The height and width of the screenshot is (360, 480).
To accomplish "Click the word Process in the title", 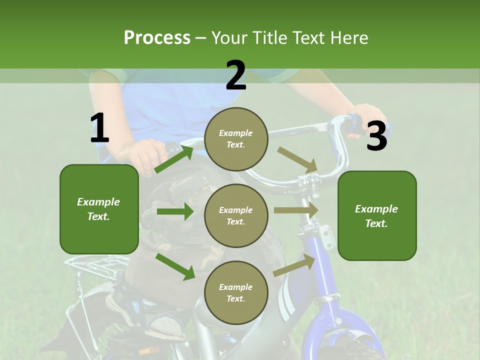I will (157, 37).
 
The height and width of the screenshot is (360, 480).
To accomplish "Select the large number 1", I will (99, 128).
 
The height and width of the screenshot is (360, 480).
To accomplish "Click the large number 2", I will (236, 75).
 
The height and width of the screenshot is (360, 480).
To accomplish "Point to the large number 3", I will (376, 136).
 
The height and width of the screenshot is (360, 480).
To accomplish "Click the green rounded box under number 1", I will (99, 209).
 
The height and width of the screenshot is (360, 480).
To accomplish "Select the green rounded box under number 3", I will (377, 215).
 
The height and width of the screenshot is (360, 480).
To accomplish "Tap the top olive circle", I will (236, 139).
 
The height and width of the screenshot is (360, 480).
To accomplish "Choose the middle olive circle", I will (236, 215).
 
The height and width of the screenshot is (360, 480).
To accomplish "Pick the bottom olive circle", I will (236, 292).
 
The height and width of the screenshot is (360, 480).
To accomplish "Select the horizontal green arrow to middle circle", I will (175, 211).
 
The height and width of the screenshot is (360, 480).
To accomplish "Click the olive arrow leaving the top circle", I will (297, 159).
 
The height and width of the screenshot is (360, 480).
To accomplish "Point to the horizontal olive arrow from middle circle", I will (295, 210).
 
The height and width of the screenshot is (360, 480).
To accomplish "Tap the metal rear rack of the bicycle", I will (95, 265).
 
